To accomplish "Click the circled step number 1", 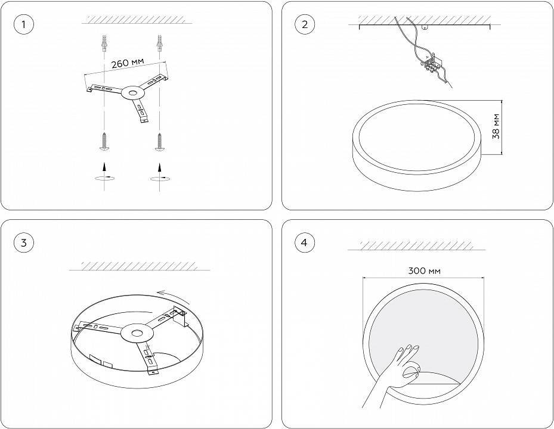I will (23, 24).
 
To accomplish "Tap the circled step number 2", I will (305, 24).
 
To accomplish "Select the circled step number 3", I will (23, 243).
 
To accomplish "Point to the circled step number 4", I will (305, 243).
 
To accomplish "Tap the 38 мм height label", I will (496, 126).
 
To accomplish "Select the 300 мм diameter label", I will (425, 271).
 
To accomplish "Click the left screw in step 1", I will (105, 141).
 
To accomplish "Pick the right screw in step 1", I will (159, 141).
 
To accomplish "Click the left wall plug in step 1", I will (105, 44).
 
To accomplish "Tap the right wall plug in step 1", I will (159, 44).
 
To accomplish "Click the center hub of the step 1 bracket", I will (131, 93).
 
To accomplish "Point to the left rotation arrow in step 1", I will (105, 177).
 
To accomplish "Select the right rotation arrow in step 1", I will (159, 177).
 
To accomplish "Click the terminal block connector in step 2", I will (431, 61).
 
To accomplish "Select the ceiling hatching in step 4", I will (422, 245).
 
